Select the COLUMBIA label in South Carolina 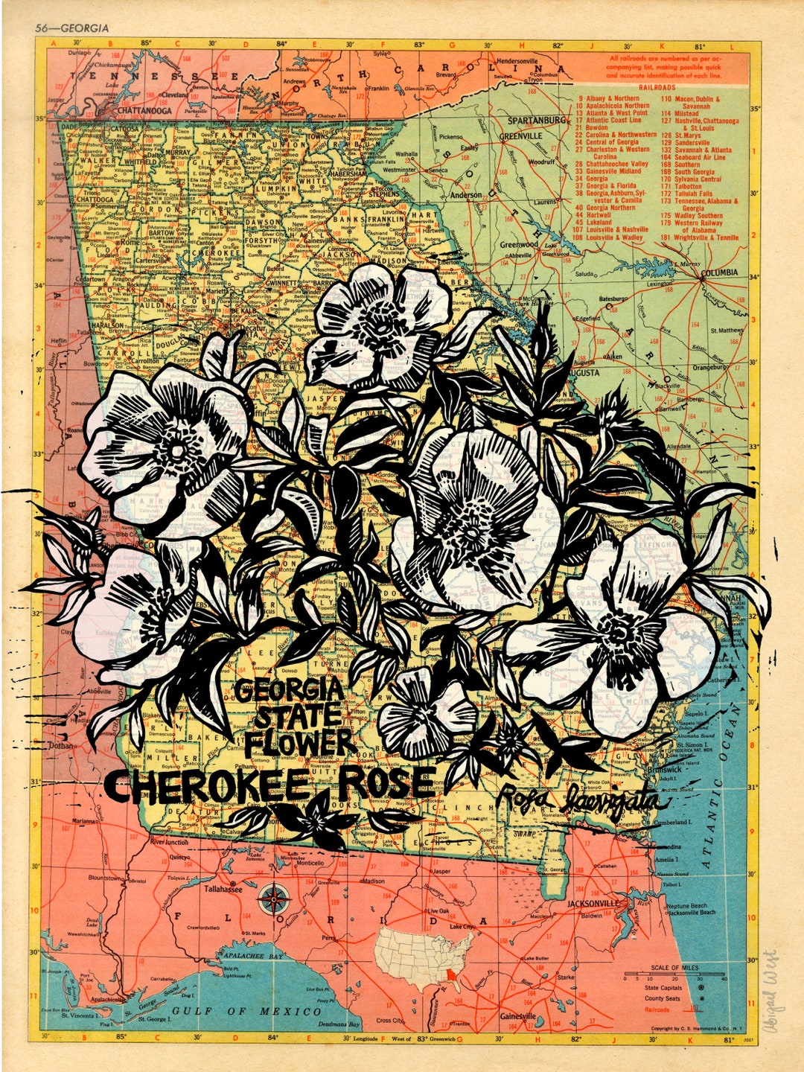719,272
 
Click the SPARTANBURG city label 536,120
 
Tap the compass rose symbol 274,900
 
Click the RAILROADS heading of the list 654,88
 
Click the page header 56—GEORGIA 71,28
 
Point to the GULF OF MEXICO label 247,1011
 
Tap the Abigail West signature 769,989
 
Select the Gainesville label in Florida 517,1016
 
